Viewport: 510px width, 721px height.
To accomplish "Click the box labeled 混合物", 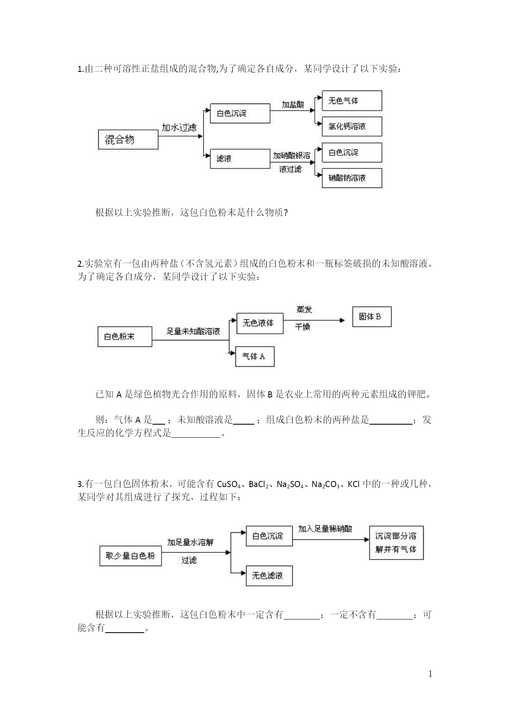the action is coord(128,139).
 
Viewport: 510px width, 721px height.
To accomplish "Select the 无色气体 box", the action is coord(352,101).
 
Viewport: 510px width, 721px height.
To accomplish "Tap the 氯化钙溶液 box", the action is coord(352,127).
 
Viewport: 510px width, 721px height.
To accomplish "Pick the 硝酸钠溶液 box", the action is coord(352,178).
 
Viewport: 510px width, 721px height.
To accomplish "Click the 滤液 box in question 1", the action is coord(240,159).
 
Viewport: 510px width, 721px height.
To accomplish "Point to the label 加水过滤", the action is coord(179,128).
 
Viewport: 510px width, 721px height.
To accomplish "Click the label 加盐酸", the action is coord(293,105).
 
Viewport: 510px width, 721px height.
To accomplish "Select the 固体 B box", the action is coord(372,317).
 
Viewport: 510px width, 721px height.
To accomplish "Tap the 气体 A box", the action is coord(255,357).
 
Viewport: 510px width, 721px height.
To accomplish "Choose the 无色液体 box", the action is coord(260,324).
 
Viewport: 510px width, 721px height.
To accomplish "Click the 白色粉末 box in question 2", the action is coord(125,337).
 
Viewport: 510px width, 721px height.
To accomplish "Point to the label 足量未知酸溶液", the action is coord(193,331).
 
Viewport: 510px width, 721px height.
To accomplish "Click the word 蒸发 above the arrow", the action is coord(304,310).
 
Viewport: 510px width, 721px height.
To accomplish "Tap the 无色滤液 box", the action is coord(269,576).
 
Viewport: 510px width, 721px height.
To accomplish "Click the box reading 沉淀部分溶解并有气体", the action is coord(396,543).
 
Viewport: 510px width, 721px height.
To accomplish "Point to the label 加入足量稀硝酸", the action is coord(325,529).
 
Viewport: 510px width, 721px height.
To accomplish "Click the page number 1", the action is coord(430,674).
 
